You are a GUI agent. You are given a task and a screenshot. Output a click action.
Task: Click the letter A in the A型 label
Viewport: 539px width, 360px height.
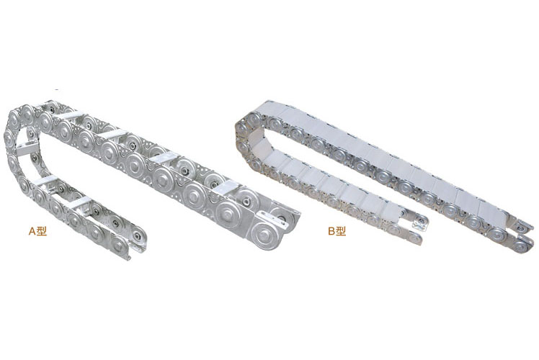[x=32, y=232]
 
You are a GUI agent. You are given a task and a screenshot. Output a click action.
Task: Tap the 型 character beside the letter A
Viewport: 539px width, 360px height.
[x=41, y=232]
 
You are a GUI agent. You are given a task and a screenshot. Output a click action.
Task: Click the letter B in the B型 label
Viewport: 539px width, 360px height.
[x=331, y=231]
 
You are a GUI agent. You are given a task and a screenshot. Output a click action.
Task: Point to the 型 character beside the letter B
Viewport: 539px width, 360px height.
[x=341, y=231]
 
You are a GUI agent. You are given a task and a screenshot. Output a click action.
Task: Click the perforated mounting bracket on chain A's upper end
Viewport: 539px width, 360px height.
[x=272, y=219]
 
